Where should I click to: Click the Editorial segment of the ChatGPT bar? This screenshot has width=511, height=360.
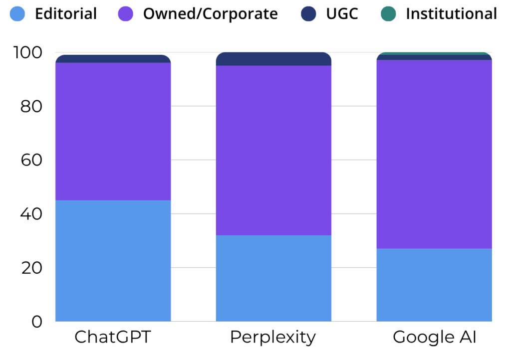tap(113, 260)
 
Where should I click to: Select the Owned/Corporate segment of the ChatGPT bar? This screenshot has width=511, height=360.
tap(113, 131)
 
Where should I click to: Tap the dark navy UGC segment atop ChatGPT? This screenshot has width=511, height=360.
tap(113, 59)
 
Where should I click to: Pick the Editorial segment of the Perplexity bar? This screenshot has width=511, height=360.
tap(273, 278)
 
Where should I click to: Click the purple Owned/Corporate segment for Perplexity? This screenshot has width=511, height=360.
tap(273, 150)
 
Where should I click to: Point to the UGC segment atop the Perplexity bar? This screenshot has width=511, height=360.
tap(273, 59)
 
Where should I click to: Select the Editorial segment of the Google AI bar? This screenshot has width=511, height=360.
tap(434, 284)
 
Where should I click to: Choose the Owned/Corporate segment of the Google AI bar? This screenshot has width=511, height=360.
tap(434, 154)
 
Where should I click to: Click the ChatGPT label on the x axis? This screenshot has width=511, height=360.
tap(113, 337)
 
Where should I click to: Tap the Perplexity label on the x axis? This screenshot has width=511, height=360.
tap(273, 338)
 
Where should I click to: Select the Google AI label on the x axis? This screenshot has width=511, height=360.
tap(435, 337)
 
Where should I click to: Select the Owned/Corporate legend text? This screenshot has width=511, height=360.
tap(210, 14)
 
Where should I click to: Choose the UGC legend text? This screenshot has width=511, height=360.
tap(342, 14)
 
